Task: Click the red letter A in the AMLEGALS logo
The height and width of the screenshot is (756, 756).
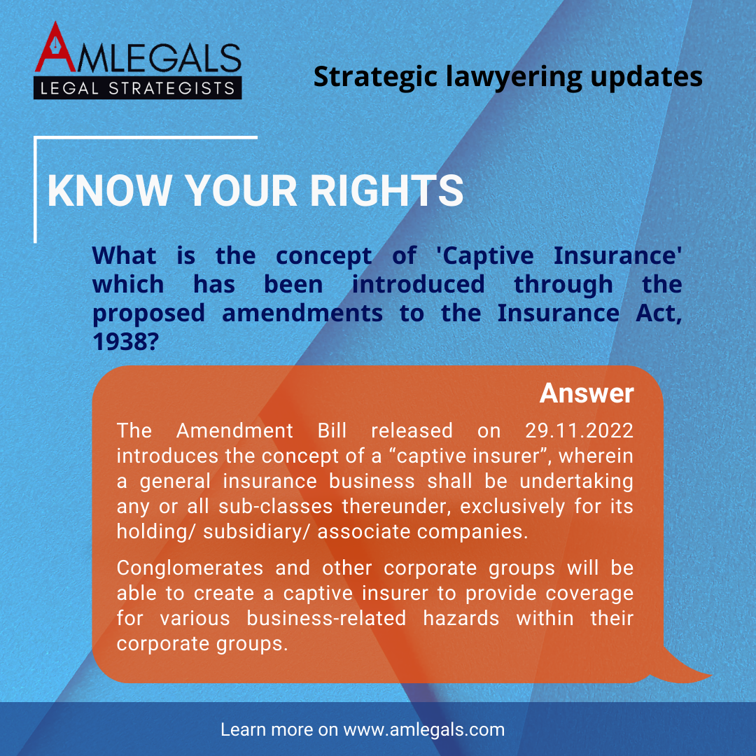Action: pyautogui.click(x=56, y=48)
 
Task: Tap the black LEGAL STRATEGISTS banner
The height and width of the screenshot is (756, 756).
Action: pyautogui.click(x=137, y=87)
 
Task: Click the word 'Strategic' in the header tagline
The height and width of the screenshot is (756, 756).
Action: pyautogui.click(x=376, y=77)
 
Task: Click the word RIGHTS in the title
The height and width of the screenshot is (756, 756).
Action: pyautogui.click(x=386, y=190)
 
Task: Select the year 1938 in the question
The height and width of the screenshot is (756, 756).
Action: pyautogui.click(x=125, y=342)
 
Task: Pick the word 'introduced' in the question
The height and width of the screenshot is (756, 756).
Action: pyautogui.click(x=418, y=284)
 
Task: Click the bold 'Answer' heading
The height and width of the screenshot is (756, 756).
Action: pyautogui.click(x=587, y=393)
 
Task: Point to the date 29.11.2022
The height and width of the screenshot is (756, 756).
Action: pyautogui.click(x=579, y=430)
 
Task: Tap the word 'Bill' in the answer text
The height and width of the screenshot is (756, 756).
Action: pyautogui.click(x=332, y=430)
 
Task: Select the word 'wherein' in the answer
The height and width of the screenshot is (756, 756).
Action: pyautogui.click(x=596, y=456)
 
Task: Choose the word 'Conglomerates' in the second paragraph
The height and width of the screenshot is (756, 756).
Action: pyautogui.click(x=190, y=568)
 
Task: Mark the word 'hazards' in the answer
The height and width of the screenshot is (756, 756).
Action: pyautogui.click(x=461, y=619)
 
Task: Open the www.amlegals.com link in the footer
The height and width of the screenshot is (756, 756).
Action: pyautogui.click(x=423, y=730)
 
